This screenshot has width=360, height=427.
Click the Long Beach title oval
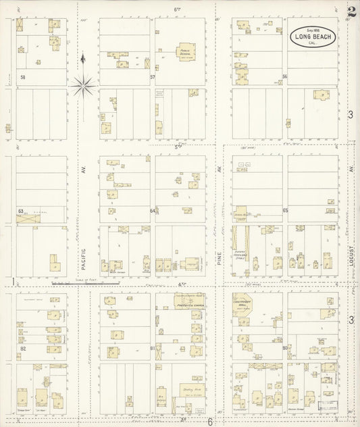click(x=312, y=36)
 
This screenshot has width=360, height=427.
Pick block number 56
click(x=285, y=76)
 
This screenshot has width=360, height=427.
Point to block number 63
click(x=21, y=211)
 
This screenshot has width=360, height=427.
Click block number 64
click(x=153, y=211)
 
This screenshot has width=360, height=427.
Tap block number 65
click(x=285, y=211)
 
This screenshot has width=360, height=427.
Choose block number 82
click(x=23, y=348)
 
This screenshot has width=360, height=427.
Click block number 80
click(x=285, y=348)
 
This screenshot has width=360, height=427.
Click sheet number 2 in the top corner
click(x=351, y=11)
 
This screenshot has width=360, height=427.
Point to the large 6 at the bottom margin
click(x=210, y=422)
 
